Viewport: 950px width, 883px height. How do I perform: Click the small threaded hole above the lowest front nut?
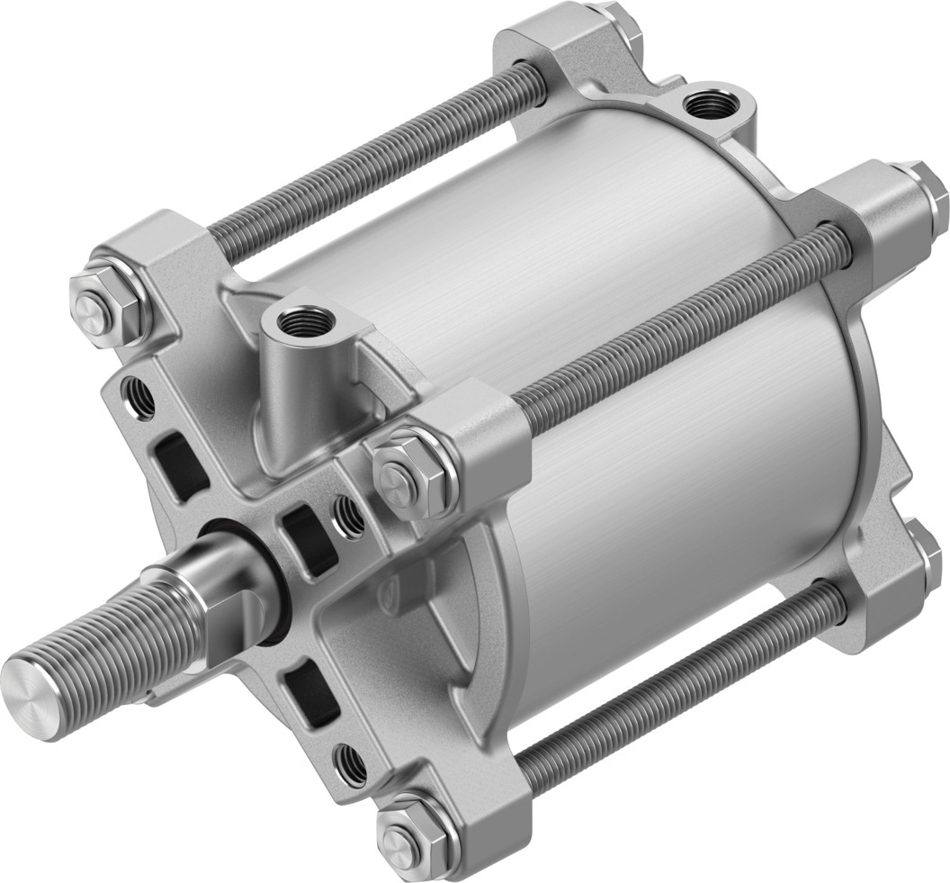click(x=351, y=765)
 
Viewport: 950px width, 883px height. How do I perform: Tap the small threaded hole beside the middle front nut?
click(x=349, y=516)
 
